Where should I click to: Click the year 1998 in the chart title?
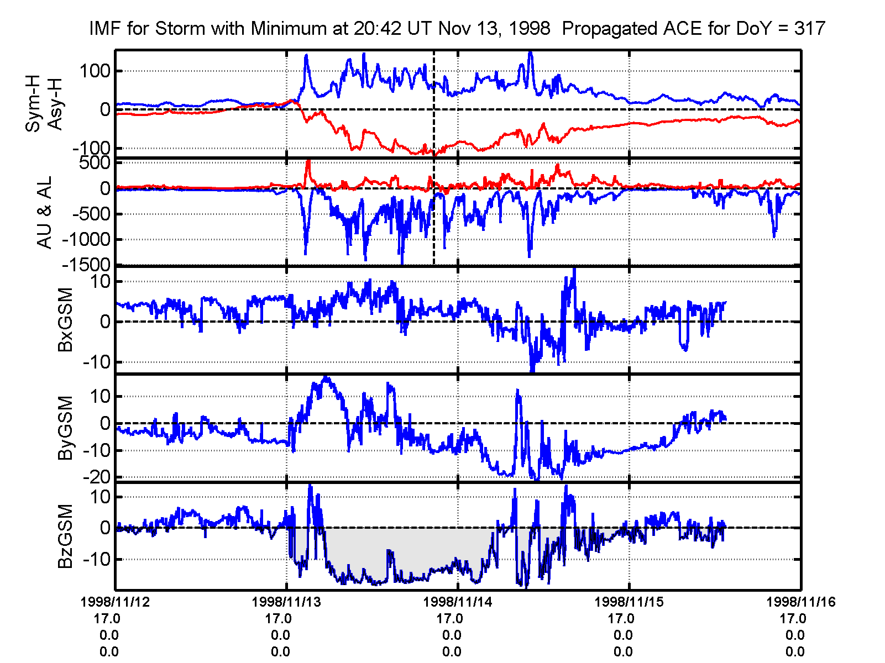pyautogui.click(x=530, y=28)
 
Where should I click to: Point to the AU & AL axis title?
pyautogui.click(x=44, y=212)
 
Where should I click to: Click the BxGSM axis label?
pyautogui.click(x=65, y=320)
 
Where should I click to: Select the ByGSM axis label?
pyautogui.click(x=65, y=428)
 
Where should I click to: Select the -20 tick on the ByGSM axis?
pyautogui.click(x=95, y=477)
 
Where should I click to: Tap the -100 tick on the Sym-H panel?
pyautogui.click(x=91, y=148)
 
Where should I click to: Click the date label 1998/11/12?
pyautogui.click(x=115, y=602)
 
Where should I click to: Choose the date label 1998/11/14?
pyautogui.click(x=458, y=602)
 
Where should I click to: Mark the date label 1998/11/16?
pyautogui.click(x=800, y=602)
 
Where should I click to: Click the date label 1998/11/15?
pyautogui.click(x=629, y=602)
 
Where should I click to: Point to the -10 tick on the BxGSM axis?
pyautogui.click(x=97, y=362)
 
